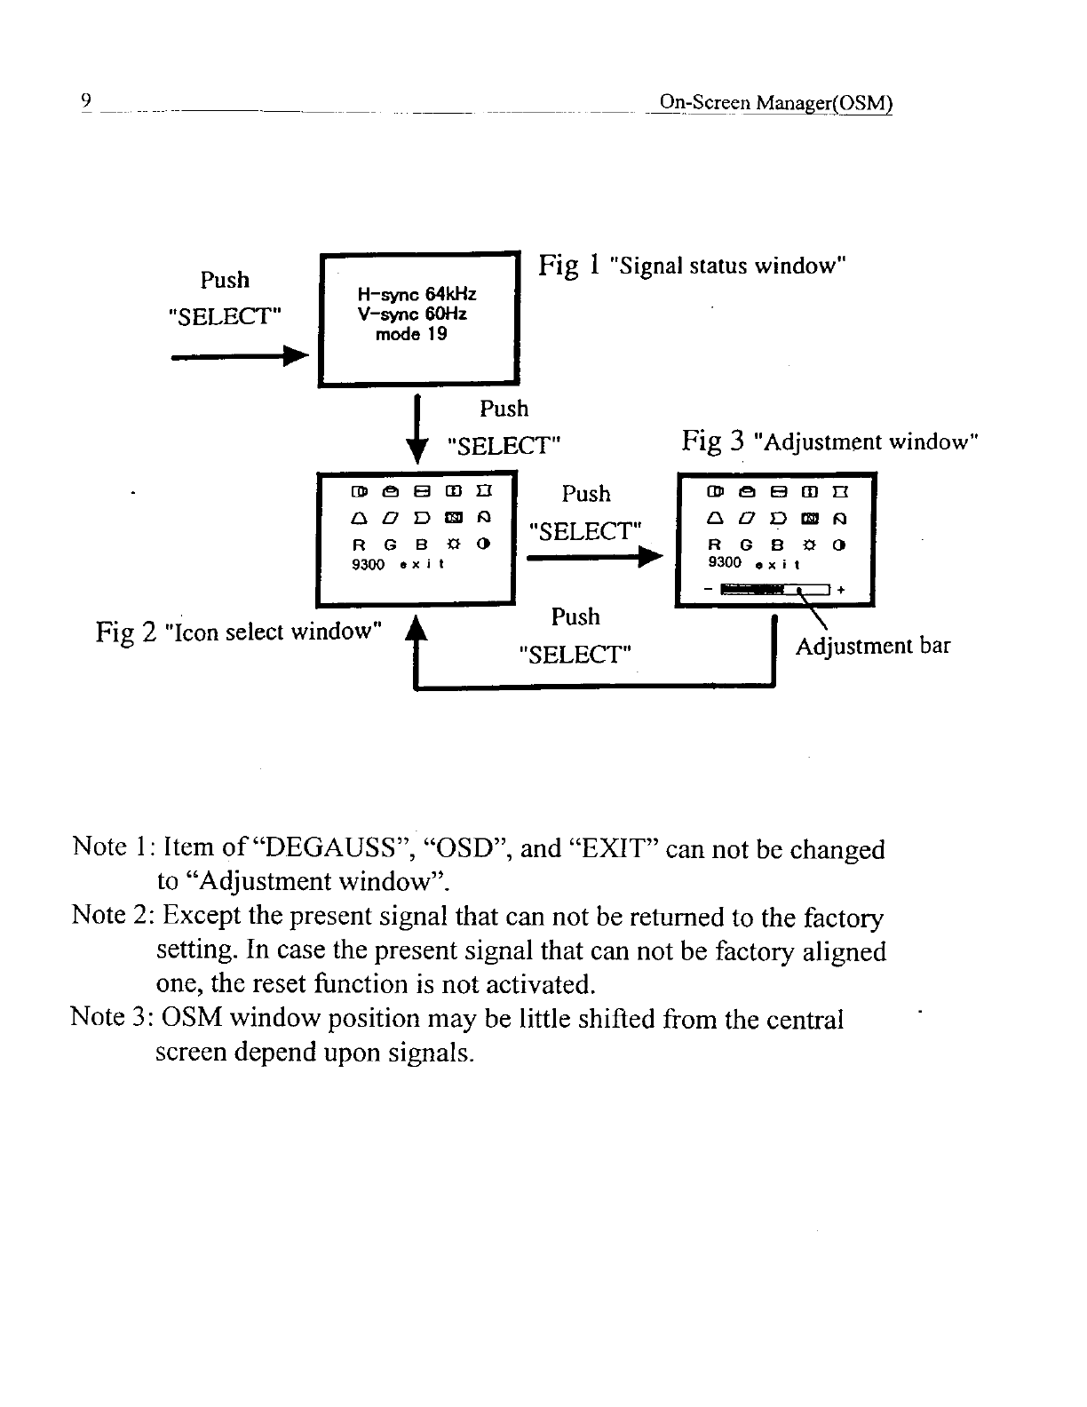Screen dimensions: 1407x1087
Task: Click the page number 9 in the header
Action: pyautogui.click(x=85, y=99)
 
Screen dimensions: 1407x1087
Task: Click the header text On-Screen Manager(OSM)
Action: pyautogui.click(x=770, y=102)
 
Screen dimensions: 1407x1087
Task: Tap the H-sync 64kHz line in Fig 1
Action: pyautogui.click(x=416, y=294)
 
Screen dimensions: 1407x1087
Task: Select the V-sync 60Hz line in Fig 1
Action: pyautogui.click(x=411, y=314)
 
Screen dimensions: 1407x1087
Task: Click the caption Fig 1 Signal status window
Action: pyautogui.click(x=692, y=266)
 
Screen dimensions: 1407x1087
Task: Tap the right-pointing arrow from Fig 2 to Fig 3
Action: pyautogui.click(x=595, y=557)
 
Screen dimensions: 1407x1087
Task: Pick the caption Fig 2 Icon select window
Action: pyautogui.click(x=239, y=632)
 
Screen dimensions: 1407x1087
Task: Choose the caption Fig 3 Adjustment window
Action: pyautogui.click(x=829, y=441)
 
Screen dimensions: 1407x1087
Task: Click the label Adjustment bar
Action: pyautogui.click(x=872, y=646)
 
